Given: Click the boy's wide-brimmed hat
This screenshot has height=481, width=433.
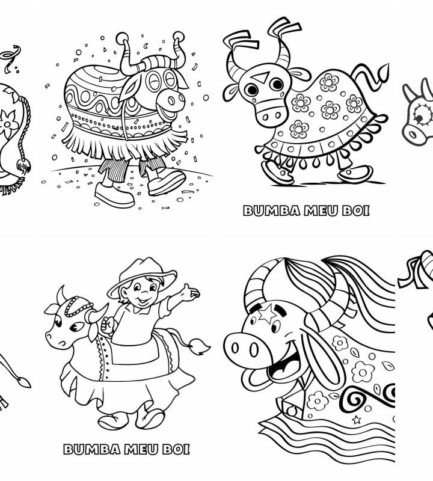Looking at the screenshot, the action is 142,275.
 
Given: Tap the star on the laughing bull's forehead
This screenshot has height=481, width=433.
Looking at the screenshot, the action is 266,313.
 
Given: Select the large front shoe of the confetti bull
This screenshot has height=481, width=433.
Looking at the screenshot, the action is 167,182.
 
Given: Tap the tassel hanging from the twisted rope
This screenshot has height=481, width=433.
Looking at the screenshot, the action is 24,166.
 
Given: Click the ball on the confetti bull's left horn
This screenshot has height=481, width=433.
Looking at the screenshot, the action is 122,38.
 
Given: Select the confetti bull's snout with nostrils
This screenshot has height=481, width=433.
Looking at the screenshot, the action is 171,99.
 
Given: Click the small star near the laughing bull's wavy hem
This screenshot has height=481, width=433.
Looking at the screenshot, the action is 356,420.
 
